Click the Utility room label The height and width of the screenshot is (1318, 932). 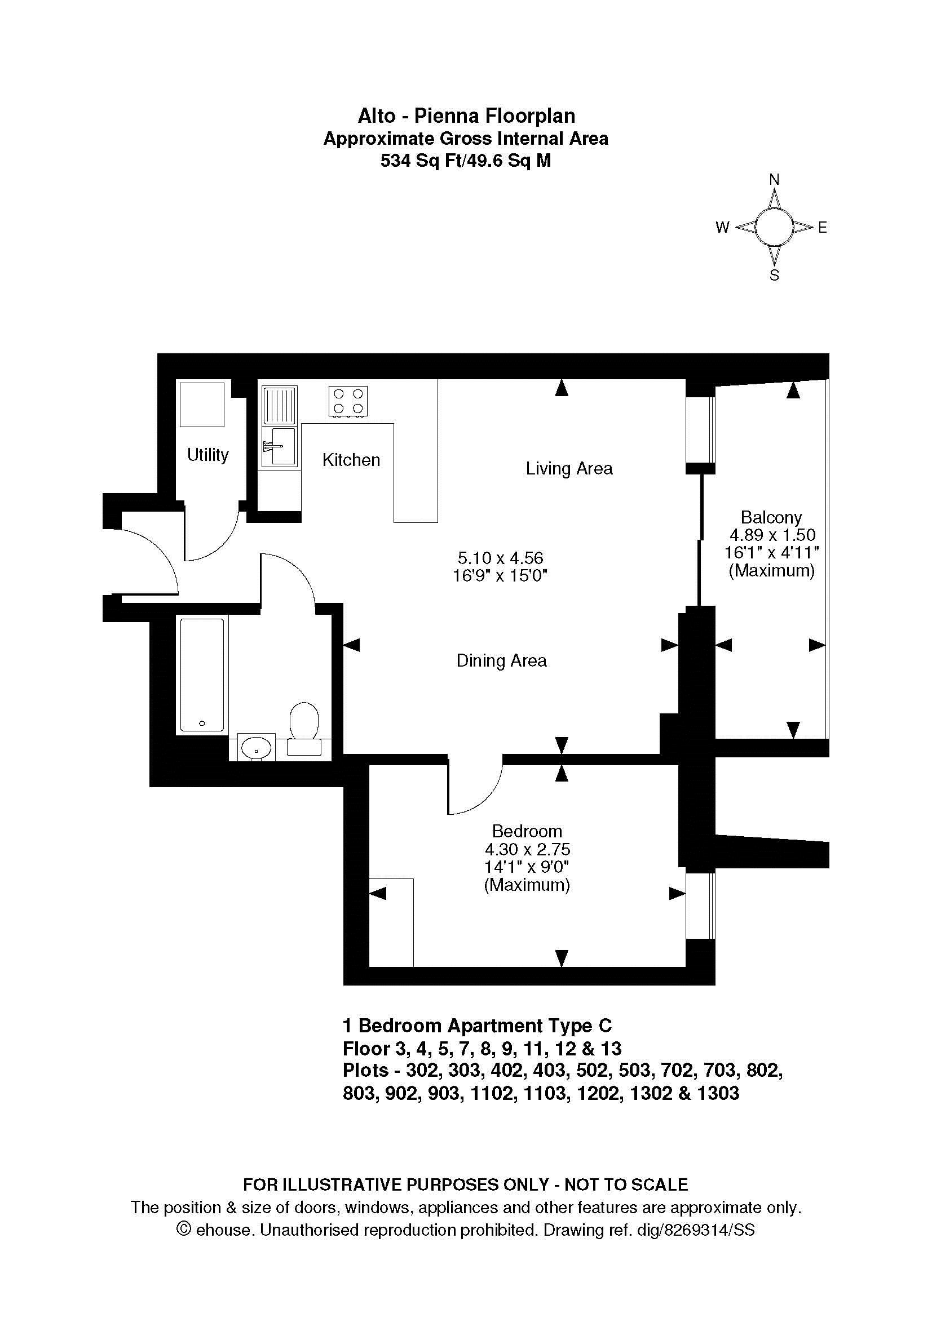coord(208,455)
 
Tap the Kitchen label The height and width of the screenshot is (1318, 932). coord(351,460)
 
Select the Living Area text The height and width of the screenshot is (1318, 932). coord(569,468)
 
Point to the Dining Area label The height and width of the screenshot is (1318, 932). coord(501,661)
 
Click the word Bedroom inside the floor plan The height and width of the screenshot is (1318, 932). coord(527,831)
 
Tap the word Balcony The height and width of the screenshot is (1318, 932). coord(771,517)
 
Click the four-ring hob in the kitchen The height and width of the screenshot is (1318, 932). coord(348,401)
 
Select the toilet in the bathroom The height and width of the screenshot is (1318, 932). coord(304,729)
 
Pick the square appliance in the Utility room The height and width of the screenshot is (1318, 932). coord(202,405)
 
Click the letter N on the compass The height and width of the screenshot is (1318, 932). coord(774,180)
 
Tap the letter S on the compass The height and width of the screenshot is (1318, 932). coord(774,276)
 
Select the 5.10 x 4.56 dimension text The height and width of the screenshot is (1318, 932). coord(500,557)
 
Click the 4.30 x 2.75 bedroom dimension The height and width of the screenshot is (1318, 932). coord(527,849)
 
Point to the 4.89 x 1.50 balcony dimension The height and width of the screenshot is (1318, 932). coord(772,535)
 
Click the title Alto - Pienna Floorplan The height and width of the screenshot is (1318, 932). coord(466,116)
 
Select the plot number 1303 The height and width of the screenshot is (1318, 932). coord(718,1093)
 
